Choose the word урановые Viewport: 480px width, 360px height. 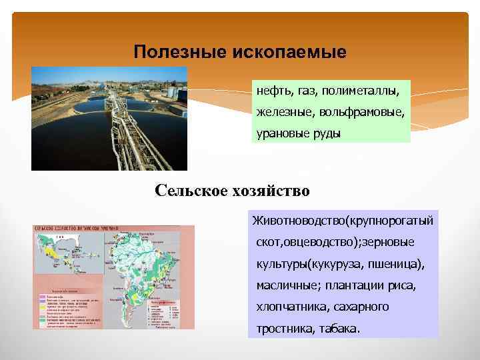(282, 133)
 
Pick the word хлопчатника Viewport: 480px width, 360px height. (289, 307)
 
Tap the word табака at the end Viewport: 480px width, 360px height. (339, 329)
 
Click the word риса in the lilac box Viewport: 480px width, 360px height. (402, 285)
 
